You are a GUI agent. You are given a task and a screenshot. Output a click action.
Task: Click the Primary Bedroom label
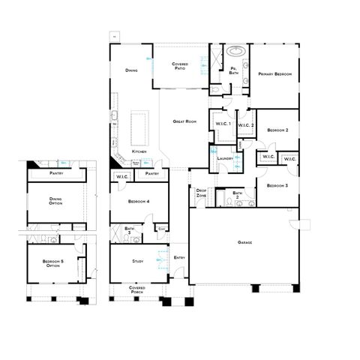[274, 74]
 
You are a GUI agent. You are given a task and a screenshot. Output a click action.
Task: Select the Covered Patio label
[180, 66]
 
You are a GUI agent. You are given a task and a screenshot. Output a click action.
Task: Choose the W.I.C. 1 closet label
[223, 124]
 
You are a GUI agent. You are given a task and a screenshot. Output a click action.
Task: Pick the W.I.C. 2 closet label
[246, 124]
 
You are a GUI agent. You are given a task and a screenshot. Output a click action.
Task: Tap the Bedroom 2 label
[277, 130]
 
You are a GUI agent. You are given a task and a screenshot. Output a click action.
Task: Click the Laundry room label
[223, 158]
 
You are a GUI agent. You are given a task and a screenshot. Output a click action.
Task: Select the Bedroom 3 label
[277, 184]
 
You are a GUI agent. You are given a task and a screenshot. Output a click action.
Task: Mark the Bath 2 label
[237, 195]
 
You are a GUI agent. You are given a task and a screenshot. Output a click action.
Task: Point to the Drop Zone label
[201, 192]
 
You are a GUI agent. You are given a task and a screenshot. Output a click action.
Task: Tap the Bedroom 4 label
[139, 201]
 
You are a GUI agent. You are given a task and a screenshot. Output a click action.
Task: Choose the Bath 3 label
[129, 230]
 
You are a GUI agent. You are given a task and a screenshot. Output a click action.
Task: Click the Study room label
[138, 262]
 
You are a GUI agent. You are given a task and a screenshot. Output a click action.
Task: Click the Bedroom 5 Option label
[53, 264]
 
